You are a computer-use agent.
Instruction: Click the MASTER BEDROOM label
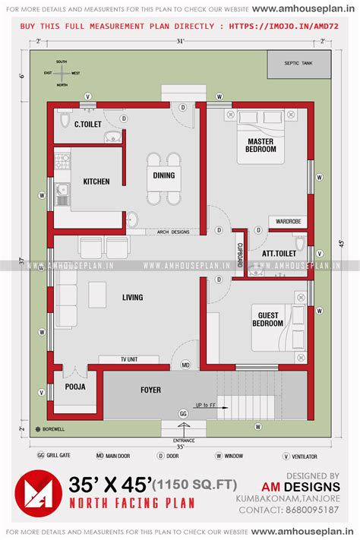[x=261, y=145]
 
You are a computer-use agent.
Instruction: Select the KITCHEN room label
[x=96, y=182]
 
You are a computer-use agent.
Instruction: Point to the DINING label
[x=163, y=175]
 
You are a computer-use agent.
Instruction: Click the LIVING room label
[x=132, y=297]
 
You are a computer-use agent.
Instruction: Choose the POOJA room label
[x=74, y=387]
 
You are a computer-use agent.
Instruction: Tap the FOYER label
[x=150, y=390]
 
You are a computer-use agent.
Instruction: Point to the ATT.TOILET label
[x=279, y=253]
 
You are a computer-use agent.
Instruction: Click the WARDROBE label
[x=288, y=222]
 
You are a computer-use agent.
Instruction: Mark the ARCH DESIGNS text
[x=173, y=232]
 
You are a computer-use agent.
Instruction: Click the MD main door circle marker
[x=185, y=365]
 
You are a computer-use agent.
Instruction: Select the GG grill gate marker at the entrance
[x=182, y=413]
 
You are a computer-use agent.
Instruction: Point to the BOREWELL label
[x=54, y=429]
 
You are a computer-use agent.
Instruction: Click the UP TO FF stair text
[x=206, y=405]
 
